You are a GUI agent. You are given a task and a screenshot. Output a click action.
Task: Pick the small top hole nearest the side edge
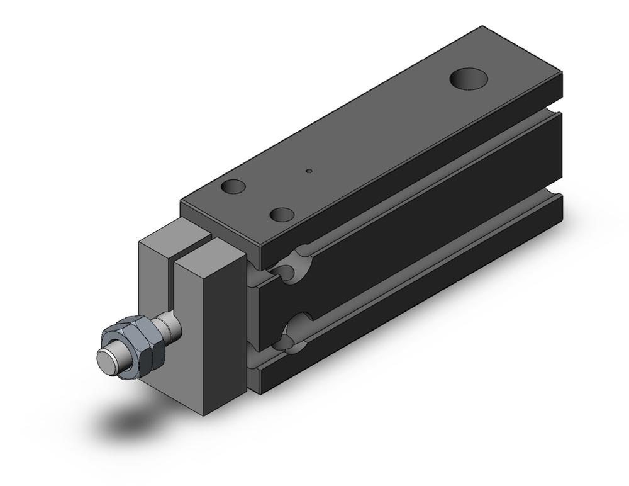click(x=281, y=214)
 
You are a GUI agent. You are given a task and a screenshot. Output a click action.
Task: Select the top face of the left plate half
click(x=174, y=235)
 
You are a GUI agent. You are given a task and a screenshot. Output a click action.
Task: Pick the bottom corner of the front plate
click(x=208, y=416)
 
